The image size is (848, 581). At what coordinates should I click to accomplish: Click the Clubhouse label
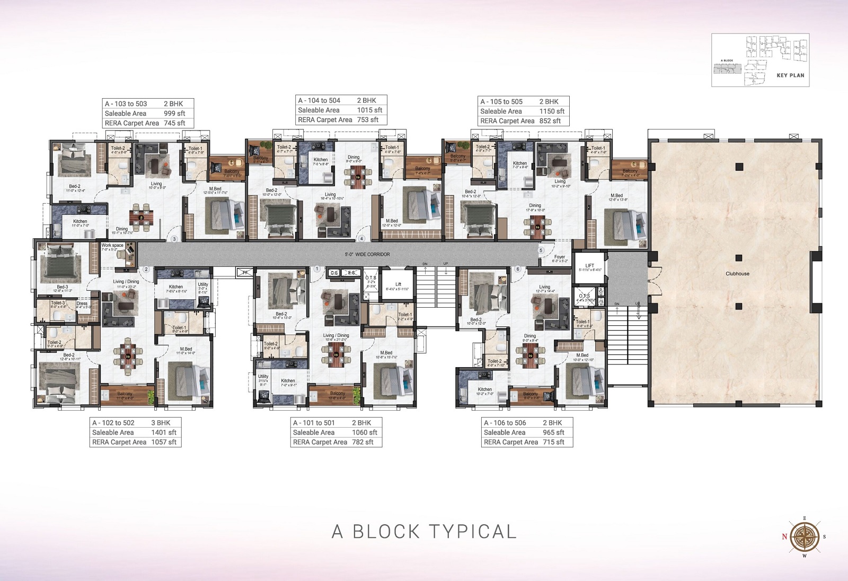[737, 274]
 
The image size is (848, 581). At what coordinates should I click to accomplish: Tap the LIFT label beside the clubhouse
[589, 265]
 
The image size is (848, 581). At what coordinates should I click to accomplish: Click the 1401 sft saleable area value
[164, 432]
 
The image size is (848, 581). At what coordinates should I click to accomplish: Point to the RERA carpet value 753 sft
[367, 120]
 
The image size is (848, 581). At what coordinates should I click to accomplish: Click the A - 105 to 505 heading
[501, 102]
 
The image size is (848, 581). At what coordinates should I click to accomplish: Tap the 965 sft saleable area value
[553, 432]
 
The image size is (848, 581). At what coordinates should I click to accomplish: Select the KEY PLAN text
[790, 75]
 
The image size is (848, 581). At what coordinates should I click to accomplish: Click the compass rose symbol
[805, 536]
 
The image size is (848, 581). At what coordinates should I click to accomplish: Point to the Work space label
[112, 246]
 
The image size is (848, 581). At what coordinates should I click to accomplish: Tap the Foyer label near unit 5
[560, 257]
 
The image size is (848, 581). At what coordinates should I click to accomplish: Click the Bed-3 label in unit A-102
[63, 287]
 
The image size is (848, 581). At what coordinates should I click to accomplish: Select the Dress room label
[82, 304]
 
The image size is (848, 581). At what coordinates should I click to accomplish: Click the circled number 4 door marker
[362, 239]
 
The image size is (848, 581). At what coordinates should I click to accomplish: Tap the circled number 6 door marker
[518, 269]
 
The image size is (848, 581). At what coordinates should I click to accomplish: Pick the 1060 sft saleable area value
[365, 432]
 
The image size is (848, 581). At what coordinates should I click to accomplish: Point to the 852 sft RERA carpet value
[550, 121]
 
